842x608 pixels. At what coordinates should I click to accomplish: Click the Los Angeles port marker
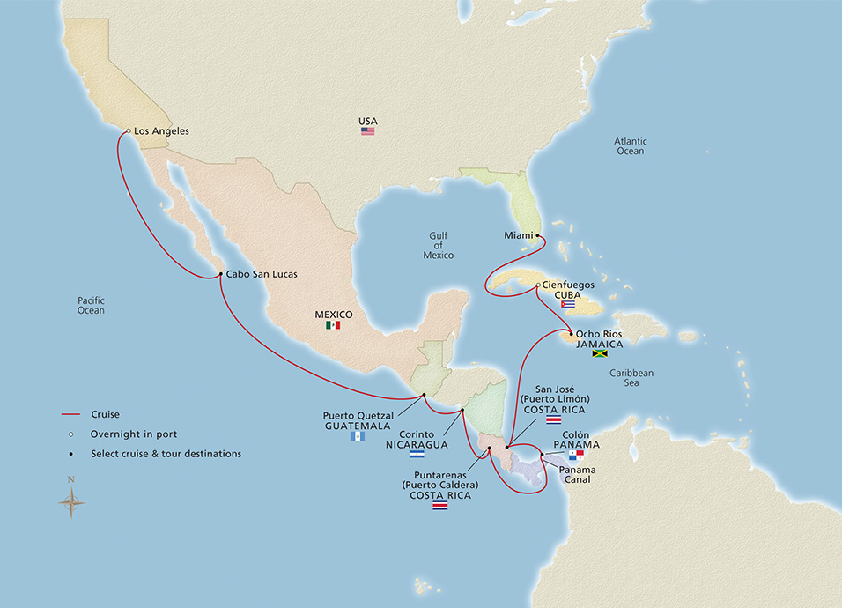128,131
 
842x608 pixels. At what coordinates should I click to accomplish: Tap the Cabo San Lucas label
262,274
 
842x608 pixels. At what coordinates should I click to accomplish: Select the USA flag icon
367,131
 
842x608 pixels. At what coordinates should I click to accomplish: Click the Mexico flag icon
333,325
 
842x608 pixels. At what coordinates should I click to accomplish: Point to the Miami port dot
537,235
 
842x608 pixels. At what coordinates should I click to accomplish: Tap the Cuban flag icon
568,304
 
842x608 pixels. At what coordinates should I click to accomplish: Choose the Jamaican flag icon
601,354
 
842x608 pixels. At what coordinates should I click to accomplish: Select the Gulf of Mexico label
439,245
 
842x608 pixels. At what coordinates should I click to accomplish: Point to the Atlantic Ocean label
631,146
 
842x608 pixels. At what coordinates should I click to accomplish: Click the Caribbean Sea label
632,379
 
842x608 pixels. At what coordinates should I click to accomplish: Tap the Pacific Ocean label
90,305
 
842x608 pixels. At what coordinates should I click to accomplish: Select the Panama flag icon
576,456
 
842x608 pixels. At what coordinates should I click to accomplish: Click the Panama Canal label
578,476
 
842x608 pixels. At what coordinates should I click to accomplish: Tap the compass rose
71,502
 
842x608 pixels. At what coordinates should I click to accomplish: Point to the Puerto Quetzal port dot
424,395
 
